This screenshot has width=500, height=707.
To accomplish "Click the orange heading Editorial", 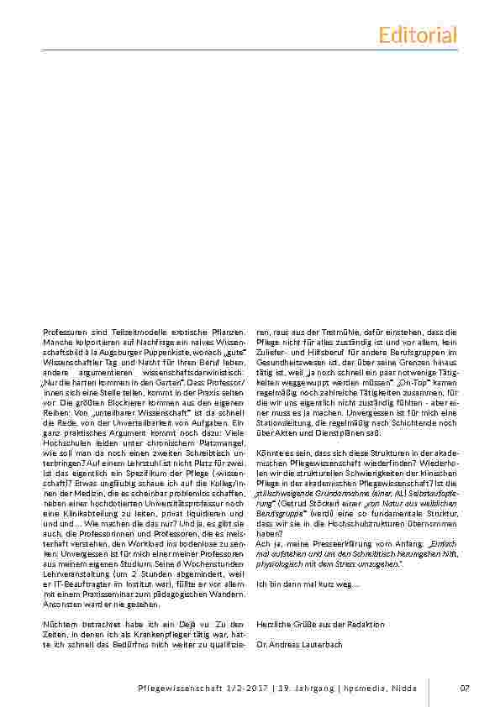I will click(418, 34).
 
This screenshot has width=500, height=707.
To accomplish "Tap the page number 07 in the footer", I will click(465, 689).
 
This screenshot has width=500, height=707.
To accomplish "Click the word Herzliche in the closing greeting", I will click(271, 624).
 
